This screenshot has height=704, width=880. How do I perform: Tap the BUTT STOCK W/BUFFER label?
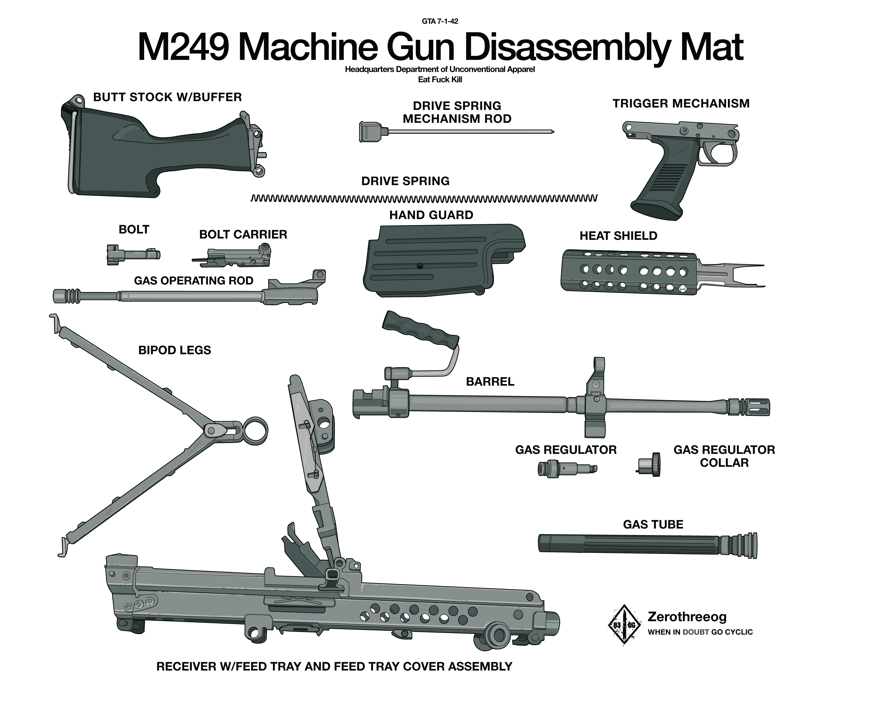(167, 97)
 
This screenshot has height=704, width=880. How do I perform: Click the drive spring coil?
(423, 199)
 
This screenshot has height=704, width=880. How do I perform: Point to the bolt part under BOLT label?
(133, 255)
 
